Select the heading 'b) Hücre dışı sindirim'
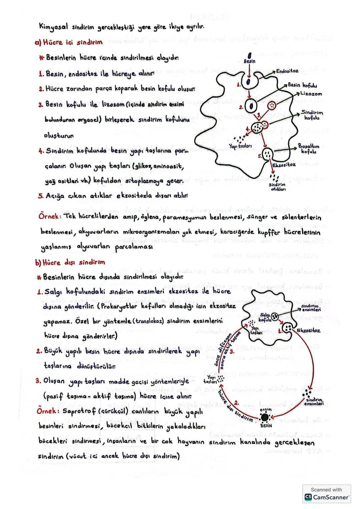tap(70, 262)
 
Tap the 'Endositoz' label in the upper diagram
tap(287, 71)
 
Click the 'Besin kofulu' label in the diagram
tap(302, 85)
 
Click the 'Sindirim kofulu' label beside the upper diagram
tap(312, 115)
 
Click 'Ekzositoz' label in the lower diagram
tap(308, 330)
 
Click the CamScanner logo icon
tap(308, 497)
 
